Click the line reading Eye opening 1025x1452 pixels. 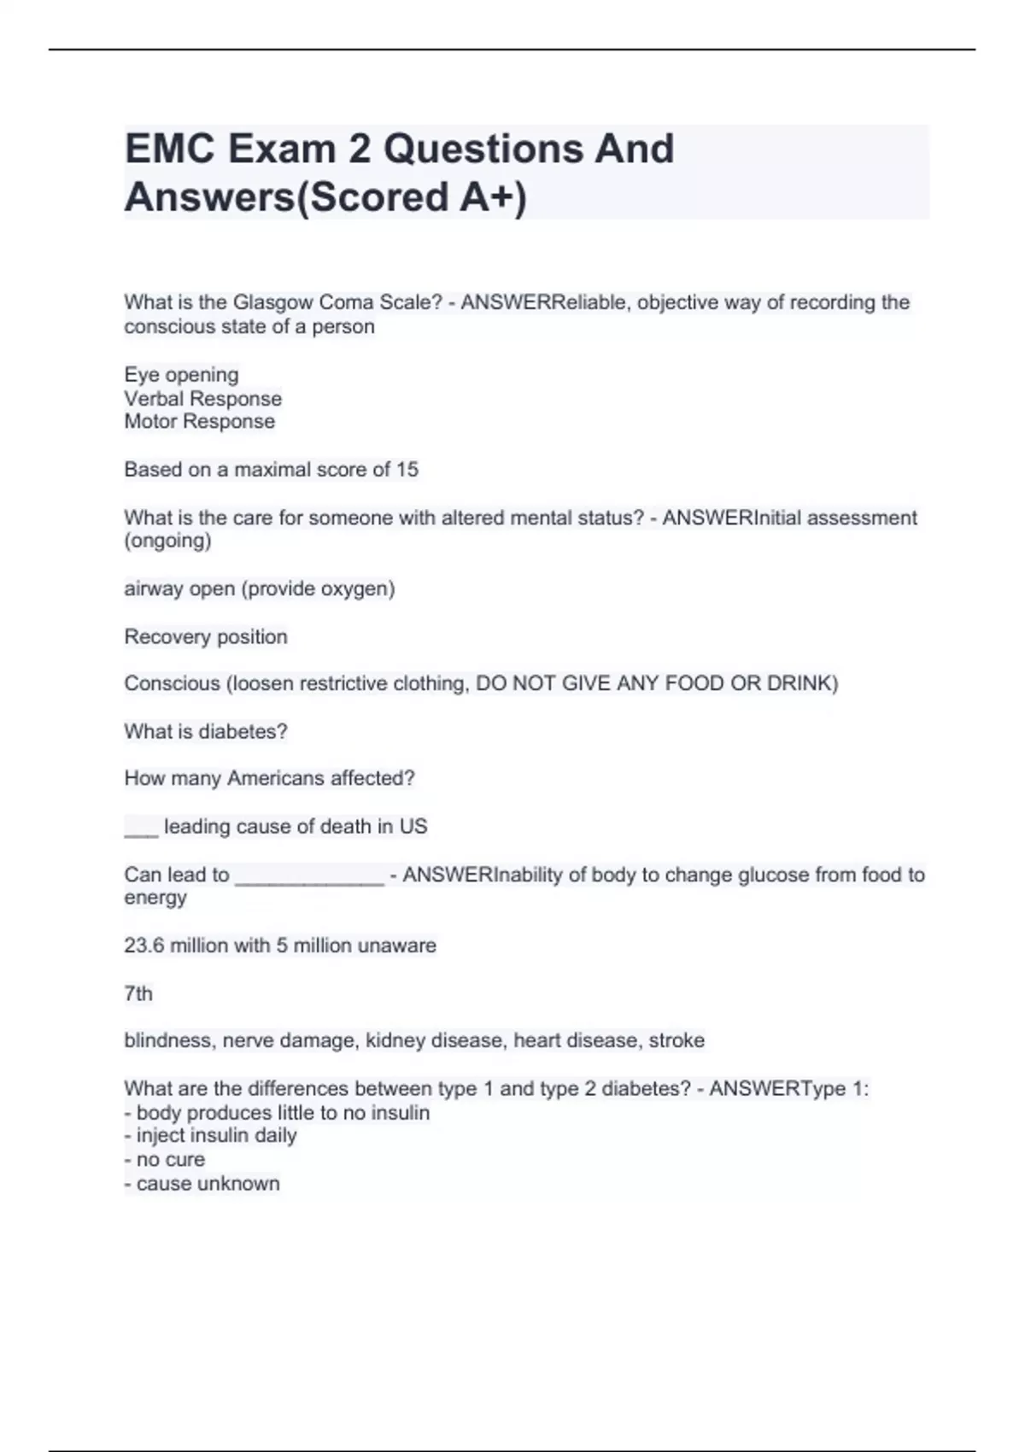(x=181, y=375)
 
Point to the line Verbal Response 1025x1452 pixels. (x=202, y=399)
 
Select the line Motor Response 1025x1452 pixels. (x=199, y=422)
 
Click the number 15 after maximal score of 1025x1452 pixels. (x=407, y=470)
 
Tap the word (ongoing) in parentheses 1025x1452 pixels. (x=167, y=541)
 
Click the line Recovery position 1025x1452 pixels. (x=205, y=636)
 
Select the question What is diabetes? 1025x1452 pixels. (x=205, y=731)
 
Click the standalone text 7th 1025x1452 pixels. (x=138, y=993)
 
